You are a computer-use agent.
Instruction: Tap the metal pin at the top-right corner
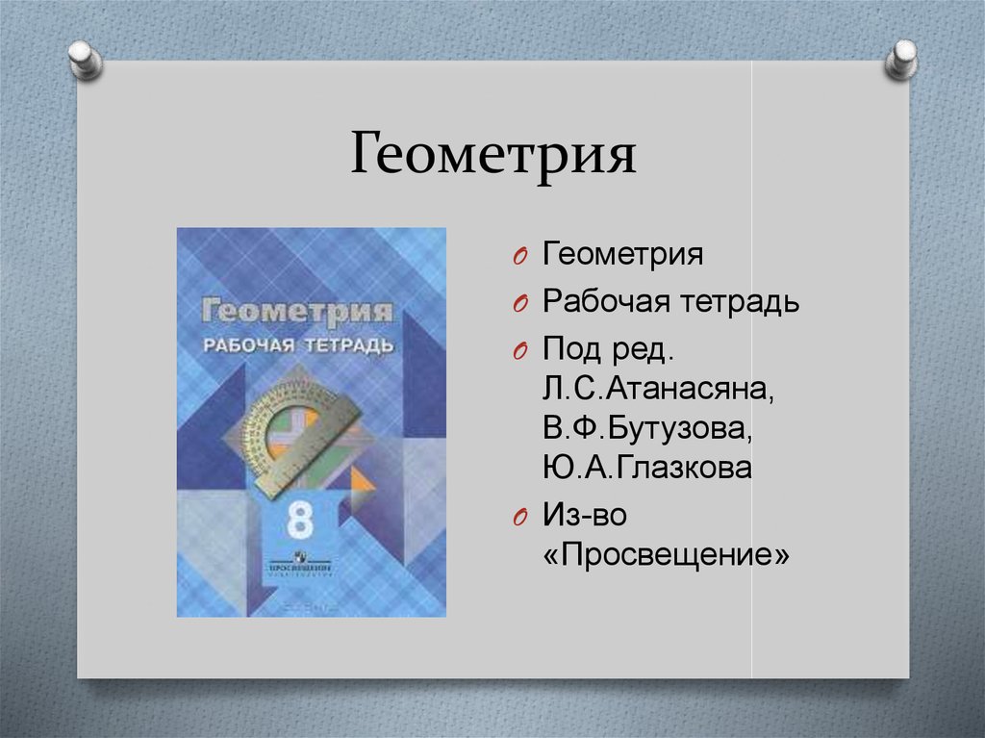901,59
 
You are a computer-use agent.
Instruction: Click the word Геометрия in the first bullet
622,257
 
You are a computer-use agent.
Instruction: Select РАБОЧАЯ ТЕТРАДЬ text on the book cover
296,344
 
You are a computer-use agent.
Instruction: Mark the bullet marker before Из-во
518,517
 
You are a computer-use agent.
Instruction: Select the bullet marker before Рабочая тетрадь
518,305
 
